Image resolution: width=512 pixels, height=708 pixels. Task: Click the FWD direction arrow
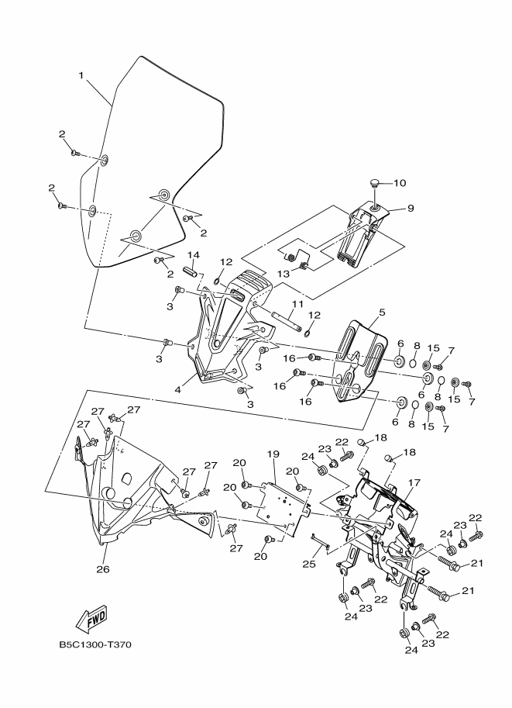coord(91,620)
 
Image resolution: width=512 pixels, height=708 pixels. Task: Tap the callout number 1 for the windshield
coord(81,75)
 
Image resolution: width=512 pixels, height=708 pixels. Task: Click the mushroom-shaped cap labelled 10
coord(375,185)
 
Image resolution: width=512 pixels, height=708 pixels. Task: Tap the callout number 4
coord(178,389)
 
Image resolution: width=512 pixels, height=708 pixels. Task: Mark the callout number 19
coord(273,453)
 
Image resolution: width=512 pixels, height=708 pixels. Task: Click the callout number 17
coord(414,482)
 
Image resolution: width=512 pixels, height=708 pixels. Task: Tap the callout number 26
coord(102,569)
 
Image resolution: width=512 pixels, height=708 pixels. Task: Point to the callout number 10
coord(400,183)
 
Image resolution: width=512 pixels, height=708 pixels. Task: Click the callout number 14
coord(193,255)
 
